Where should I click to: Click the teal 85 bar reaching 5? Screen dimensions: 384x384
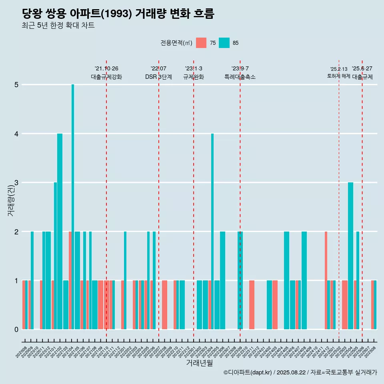click(x=73, y=207)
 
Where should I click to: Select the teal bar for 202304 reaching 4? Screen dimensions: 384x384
click(x=212, y=231)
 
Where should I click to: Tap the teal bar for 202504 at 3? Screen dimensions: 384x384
click(x=350, y=256)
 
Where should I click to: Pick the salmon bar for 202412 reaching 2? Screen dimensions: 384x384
click(x=326, y=280)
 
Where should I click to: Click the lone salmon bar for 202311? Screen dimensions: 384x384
click(x=252, y=305)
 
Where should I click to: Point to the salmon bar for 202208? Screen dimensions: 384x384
click(x=164, y=305)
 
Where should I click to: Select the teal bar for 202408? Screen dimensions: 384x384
click(x=304, y=280)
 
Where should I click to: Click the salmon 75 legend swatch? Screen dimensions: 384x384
click(x=201, y=43)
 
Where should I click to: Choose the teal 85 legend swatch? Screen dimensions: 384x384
click(x=224, y=43)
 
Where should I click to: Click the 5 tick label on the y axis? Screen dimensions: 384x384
click(x=16, y=85)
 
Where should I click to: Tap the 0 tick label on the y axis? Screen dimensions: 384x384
click(x=16, y=330)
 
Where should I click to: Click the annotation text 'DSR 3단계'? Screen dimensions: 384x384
click(x=158, y=77)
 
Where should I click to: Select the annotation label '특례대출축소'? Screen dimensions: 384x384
click(x=240, y=77)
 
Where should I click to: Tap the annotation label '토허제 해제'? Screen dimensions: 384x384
click(x=338, y=76)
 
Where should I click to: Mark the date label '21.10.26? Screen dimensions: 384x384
click(x=106, y=69)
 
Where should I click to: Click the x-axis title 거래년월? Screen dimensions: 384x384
click(x=199, y=363)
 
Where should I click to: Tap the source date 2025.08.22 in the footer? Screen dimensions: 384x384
click(x=291, y=373)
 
